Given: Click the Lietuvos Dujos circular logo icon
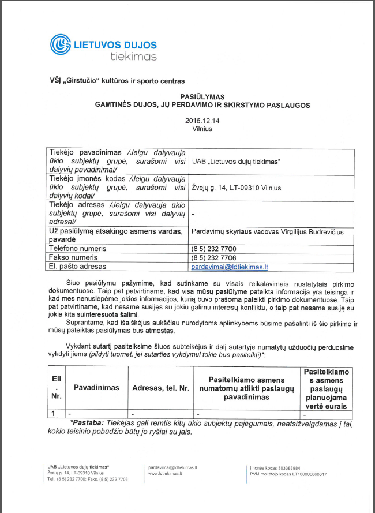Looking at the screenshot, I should point(61,45).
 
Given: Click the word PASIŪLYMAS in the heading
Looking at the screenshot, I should point(202,96).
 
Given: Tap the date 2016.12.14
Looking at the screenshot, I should point(202,121).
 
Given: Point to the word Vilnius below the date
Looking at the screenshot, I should point(202,129).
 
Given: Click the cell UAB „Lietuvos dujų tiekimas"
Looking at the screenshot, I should point(235,161).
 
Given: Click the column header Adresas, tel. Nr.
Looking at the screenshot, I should point(161,388).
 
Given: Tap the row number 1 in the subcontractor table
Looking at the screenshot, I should point(53,413).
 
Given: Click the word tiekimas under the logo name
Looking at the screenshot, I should point(133,56).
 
